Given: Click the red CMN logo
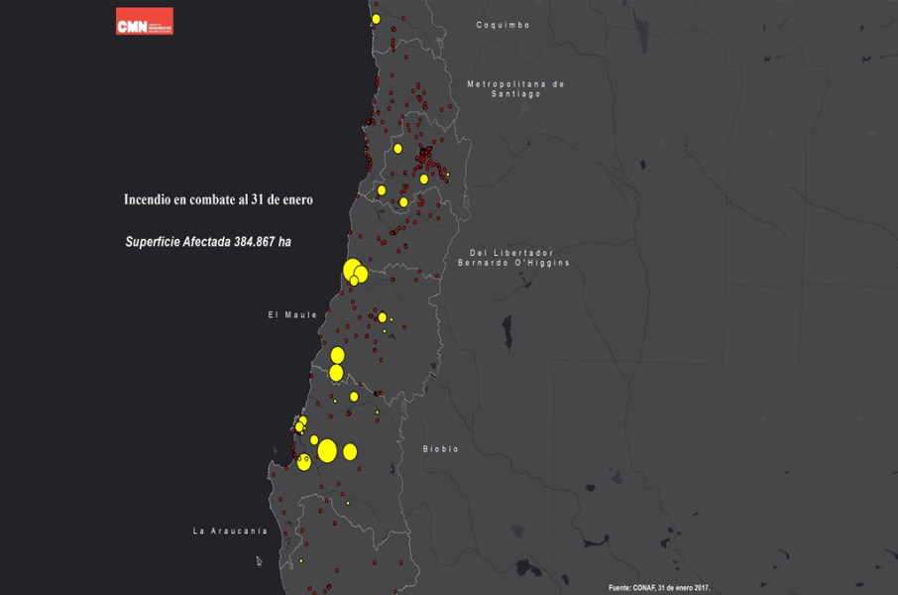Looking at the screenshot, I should pos(145,22).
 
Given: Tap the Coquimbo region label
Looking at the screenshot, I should pos(503,25).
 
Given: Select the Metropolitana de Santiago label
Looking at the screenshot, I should pos(515,88).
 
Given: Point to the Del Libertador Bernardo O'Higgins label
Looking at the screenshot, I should pos(511,258).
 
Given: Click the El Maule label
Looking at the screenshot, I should pos(292,315).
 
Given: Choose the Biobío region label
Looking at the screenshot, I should pos(441,449).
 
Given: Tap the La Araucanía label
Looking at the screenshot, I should pos(230,532).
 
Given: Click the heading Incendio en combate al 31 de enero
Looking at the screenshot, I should pos(218,199).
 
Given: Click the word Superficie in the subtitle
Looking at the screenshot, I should pos(155,242).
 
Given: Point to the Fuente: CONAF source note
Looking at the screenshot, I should pos(659,587).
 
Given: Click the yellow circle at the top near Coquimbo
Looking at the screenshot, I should pos(376,19).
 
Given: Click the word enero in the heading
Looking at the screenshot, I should pos(297,199).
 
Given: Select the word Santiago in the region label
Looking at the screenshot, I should pos(515,94).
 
